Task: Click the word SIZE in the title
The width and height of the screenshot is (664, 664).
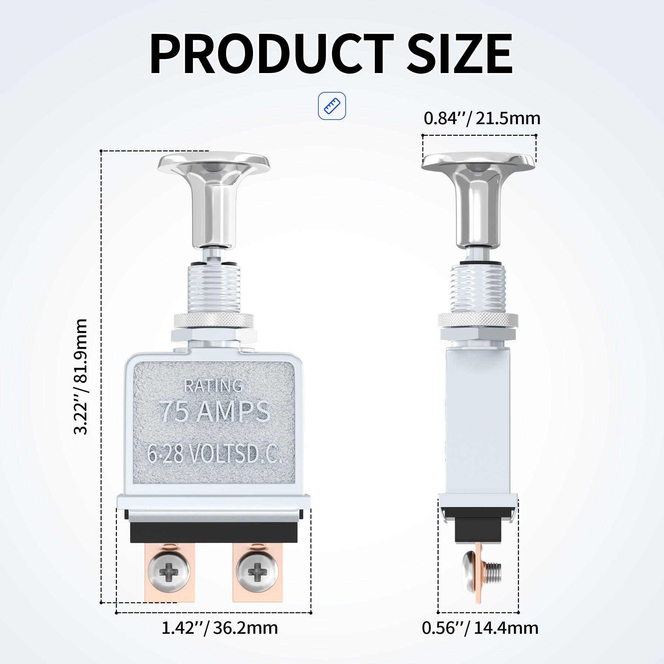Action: tap(460, 54)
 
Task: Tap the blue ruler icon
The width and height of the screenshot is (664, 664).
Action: tap(332, 106)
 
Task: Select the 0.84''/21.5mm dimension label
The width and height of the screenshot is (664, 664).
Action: tap(482, 118)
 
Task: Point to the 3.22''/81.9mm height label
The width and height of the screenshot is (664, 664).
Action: tap(81, 377)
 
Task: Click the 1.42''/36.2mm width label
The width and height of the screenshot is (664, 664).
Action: tap(219, 627)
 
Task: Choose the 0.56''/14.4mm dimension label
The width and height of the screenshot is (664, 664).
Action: tap(480, 627)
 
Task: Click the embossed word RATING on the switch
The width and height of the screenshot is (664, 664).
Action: tap(213, 386)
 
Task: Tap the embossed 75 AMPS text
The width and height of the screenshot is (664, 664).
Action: tap(215, 411)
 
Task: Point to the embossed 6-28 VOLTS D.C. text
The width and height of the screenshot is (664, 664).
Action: tap(214, 453)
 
